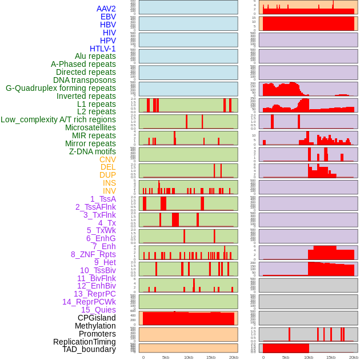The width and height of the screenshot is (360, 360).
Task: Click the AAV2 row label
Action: click(106, 9)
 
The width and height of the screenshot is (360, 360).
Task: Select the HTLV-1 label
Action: click(103, 49)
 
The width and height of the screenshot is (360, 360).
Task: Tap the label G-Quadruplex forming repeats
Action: click(61, 88)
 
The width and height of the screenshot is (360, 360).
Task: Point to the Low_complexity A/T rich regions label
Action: click(58, 119)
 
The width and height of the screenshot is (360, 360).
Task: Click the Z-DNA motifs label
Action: click(93, 151)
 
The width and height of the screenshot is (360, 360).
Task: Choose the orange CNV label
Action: click(107, 159)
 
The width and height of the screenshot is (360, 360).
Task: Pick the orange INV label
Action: click(109, 191)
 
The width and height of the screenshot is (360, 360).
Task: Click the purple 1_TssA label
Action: click(103, 199)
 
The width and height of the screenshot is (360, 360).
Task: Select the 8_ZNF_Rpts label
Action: click(93, 254)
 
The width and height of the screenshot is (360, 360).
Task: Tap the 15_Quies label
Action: click(98, 310)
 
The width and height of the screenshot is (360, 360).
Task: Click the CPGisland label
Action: click(97, 318)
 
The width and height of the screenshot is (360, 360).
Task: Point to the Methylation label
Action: click(95, 326)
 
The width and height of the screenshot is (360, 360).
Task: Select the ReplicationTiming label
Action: click(85, 342)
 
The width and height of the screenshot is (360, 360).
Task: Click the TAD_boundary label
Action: click(89, 349)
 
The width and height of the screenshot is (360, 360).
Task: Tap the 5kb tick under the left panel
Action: click(166, 357)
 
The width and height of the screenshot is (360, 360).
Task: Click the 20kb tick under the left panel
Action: click(233, 357)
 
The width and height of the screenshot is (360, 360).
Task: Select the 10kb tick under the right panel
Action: click(308, 357)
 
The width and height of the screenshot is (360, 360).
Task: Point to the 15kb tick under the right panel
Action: click(331, 357)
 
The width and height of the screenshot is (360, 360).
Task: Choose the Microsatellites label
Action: click(90, 127)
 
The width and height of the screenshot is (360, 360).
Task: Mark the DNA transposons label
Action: click(85, 80)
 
